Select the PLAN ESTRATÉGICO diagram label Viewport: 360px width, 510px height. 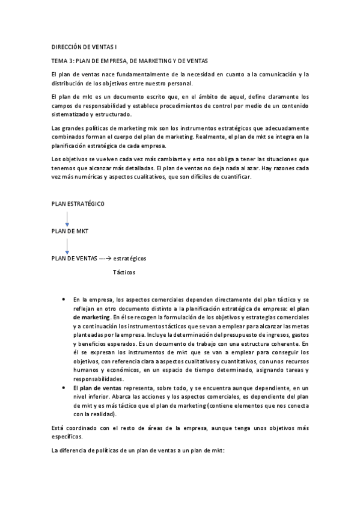[78, 204]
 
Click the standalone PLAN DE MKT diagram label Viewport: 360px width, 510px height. [70, 231]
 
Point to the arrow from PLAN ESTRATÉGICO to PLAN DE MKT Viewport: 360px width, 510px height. [67, 218]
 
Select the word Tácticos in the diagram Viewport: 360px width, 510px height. [124, 272]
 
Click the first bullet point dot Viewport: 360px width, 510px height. [64, 299]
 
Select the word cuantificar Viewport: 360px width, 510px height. [240, 177]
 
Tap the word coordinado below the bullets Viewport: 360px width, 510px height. [82, 428]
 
